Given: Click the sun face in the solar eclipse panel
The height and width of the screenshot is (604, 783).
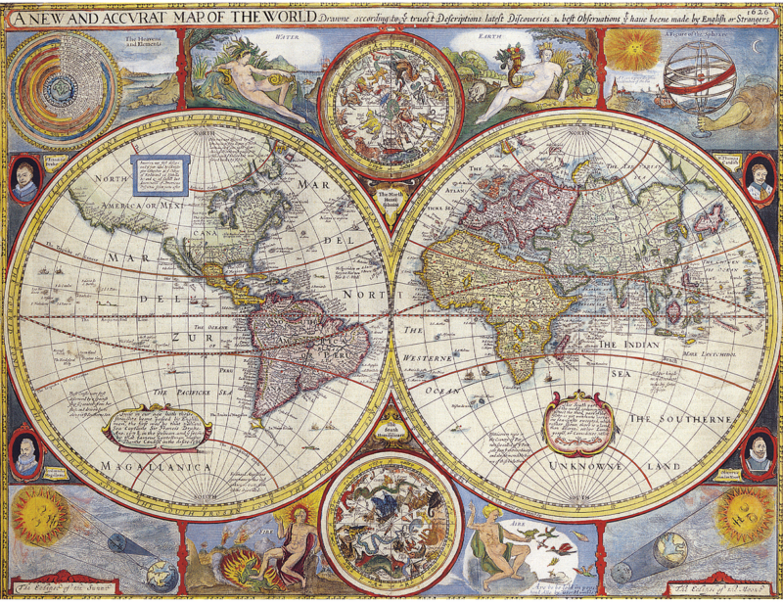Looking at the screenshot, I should pyautogui.click(x=39, y=516).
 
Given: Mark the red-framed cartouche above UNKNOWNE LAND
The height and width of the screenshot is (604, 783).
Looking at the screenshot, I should pyautogui.click(x=577, y=423).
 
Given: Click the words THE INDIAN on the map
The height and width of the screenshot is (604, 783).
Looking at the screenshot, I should pyautogui.click(x=632, y=346).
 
